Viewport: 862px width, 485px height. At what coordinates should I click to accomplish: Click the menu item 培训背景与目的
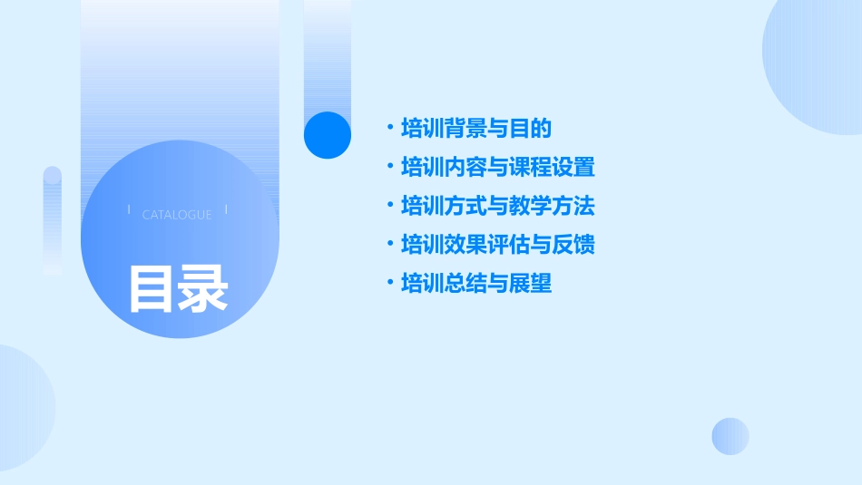click(x=476, y=129)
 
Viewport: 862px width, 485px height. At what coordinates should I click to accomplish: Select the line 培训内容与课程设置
click(x=497, y=168)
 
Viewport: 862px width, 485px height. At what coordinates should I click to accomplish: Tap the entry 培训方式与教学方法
click(x=497, y=206)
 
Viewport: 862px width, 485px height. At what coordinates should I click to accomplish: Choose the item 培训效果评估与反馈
click(x=497, y=245)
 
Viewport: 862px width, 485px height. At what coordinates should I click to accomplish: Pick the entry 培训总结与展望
click(x=476, y=284)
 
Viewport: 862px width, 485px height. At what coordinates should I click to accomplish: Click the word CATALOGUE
click(x=177, y=215)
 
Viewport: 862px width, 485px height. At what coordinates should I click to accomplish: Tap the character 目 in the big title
click(x=151, y=288)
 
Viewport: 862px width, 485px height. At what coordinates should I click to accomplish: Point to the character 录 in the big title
click(x=203, y=288)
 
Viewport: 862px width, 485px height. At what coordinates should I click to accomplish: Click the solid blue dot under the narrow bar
click(x=328, y=135)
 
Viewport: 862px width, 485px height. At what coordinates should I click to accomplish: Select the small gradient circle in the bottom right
click(x=730, y=436)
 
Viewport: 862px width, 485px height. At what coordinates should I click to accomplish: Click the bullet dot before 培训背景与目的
click(x=389, y=129)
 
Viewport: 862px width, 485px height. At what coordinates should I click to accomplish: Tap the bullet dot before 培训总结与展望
click(x=389, y=284)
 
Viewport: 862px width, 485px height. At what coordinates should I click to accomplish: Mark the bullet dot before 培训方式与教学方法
click(x=389, y=206)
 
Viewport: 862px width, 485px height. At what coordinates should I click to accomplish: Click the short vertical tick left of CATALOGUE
click(x=129, y=209)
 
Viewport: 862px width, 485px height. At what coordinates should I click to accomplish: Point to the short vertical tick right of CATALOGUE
click(x=226, y=209)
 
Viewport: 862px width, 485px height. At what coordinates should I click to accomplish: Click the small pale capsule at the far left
click(x=53, y=219)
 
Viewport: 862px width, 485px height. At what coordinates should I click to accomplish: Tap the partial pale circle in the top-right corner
click(x=817, y=63)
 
